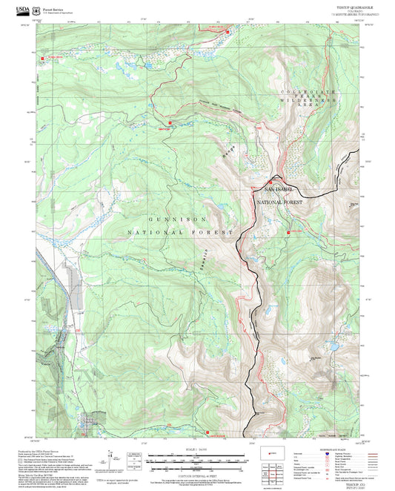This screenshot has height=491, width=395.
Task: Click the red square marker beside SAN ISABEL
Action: [270, 180]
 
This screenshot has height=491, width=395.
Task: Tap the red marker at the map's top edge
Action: [227, 30]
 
